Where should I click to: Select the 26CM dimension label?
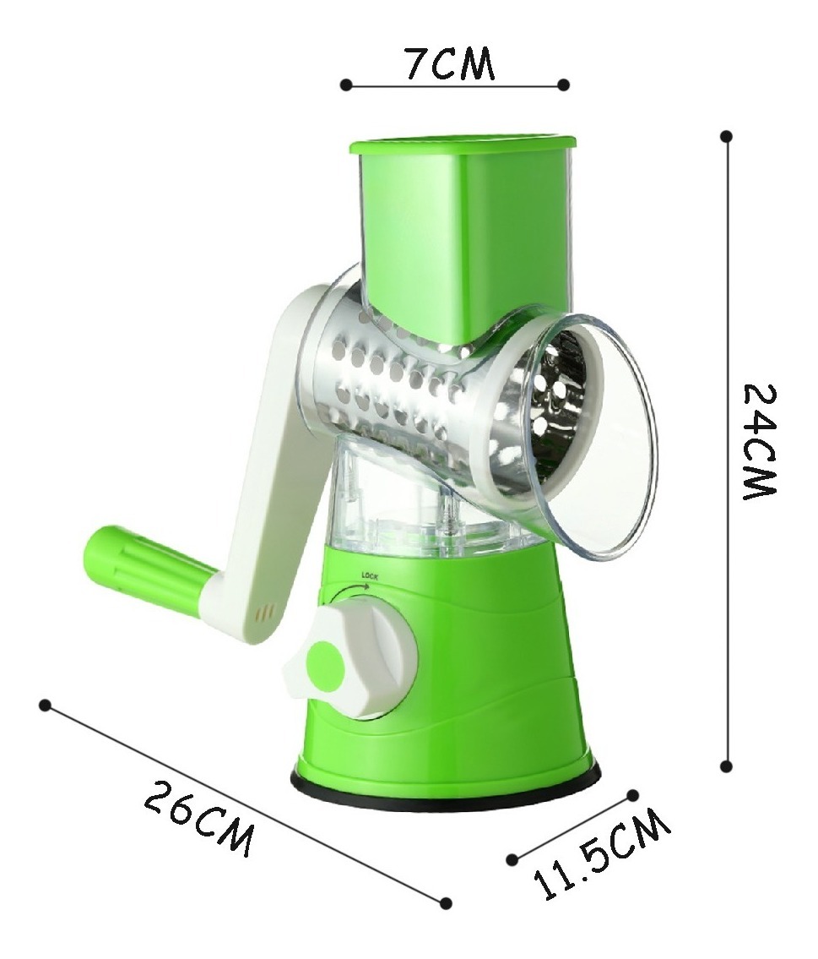[x=198, y=819]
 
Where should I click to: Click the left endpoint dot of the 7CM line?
[x=346, y=85]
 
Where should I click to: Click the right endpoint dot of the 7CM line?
[x=564, y=84]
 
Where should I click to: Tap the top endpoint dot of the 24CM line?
[x=726, y=136]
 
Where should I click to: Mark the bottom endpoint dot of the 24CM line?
[x=726, y=766]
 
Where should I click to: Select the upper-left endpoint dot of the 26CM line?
[x=45, y=706]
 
